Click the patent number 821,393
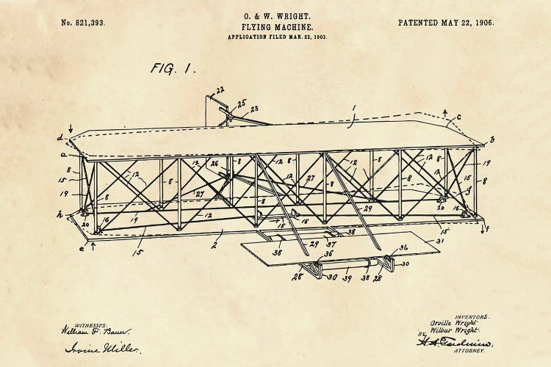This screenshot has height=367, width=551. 83,23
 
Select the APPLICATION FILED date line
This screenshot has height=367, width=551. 276,36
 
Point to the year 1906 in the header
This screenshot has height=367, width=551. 483,23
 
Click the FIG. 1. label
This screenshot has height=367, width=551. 173,68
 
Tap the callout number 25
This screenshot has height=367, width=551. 242,103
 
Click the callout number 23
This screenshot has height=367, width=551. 254,110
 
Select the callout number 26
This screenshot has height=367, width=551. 215,164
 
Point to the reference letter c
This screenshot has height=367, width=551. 458,116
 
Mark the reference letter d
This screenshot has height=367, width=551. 60,137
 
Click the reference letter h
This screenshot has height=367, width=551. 60,215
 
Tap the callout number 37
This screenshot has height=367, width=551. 332,244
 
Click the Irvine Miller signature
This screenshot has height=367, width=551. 93,348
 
